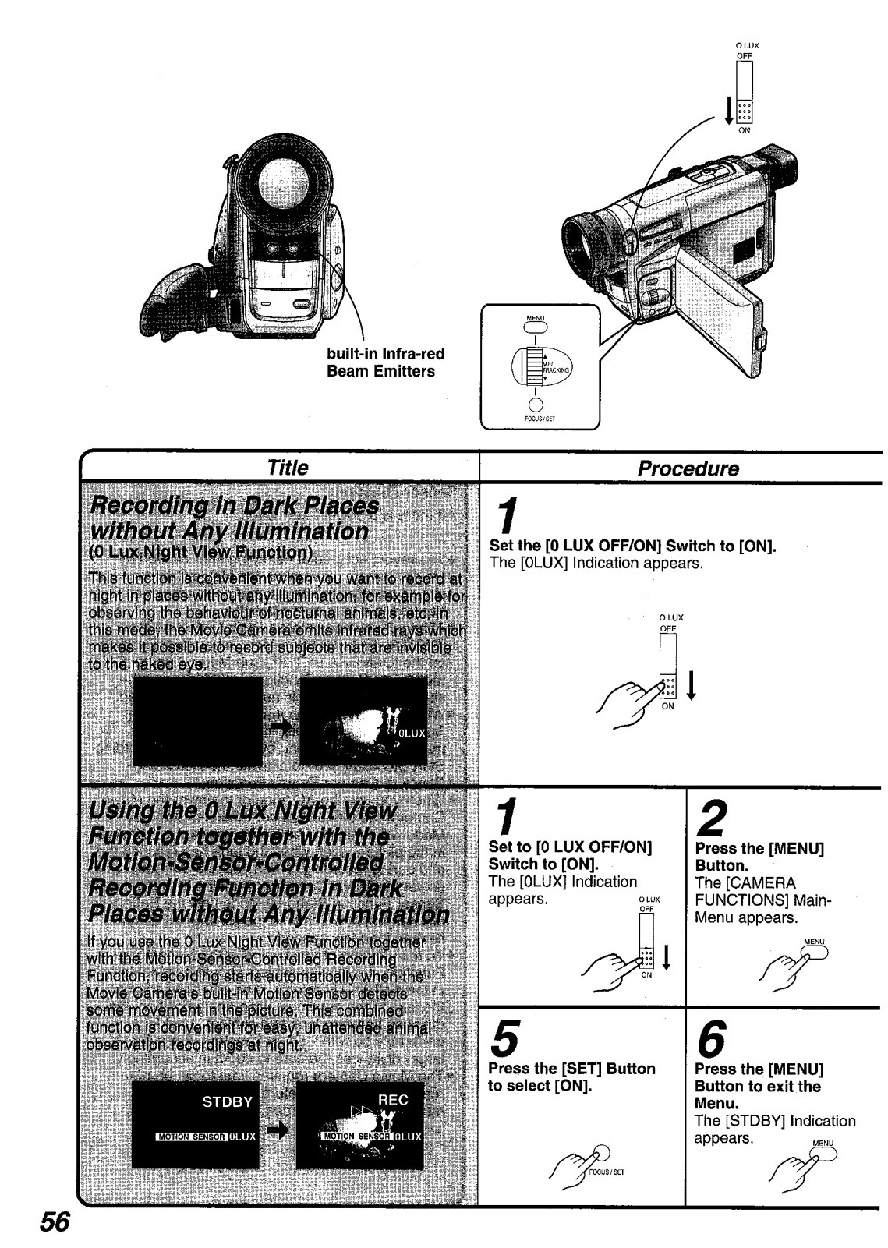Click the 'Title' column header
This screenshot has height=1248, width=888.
[287, 468]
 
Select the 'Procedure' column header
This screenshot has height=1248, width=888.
[688, 468]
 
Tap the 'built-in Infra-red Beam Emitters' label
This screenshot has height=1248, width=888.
[385, 362]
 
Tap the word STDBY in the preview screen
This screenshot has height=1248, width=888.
[227, 1102]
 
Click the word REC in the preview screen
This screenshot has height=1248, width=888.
[393, 1100]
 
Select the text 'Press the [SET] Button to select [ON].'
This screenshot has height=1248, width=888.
[571, 1077]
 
